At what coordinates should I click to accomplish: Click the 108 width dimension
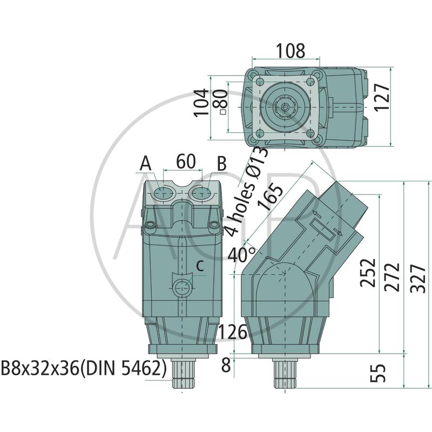(291, 51)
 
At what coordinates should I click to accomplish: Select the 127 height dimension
(382, 97)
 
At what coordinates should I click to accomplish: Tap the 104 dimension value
(200, 103)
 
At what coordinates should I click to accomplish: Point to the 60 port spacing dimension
(186, 161)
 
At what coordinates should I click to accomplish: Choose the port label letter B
(222, 164)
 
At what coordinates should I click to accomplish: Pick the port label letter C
(199, 266)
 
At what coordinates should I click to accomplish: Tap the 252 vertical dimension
(368, 273)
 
